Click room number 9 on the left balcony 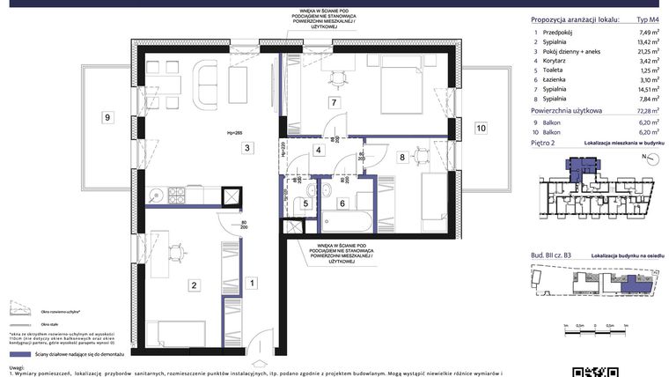coord(107,117)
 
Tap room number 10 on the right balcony coord(481,129)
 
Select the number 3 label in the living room coord(249,148)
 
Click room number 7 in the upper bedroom coord(334,103)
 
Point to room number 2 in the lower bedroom coord(195,284)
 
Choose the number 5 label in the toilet coord(305,203)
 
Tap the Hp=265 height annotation coord(234,133)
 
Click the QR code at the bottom coord(587,371)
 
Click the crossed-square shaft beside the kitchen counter coord(232,196)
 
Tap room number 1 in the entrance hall coord(252,283)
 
